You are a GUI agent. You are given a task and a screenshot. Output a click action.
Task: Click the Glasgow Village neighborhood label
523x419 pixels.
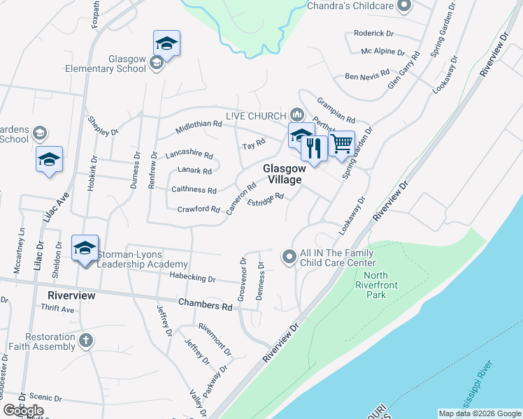283,174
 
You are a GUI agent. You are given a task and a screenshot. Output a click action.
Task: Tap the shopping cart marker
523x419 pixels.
341,144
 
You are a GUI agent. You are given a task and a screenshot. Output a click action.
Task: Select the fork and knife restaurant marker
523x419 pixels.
314,148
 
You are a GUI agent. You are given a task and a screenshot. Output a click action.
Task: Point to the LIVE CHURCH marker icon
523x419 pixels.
296,115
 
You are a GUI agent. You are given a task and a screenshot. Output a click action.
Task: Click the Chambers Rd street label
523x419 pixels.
205,306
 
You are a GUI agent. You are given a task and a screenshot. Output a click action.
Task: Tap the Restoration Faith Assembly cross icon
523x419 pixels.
85,341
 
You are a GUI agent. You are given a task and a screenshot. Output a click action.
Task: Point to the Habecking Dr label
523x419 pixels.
192,278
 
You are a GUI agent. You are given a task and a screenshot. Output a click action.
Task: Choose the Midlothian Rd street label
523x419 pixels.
199,124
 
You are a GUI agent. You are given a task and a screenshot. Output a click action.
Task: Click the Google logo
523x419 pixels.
23,411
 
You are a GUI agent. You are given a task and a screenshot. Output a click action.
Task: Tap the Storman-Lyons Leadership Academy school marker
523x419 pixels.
85,248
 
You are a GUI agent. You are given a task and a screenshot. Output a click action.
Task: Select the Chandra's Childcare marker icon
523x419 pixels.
403,6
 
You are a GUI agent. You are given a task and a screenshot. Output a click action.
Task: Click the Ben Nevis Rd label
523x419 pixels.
365,77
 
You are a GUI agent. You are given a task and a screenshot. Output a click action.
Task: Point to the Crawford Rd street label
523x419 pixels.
199,209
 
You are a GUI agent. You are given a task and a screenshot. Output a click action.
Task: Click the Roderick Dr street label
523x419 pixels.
374,33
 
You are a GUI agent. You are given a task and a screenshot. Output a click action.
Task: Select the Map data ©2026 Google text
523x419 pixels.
479,413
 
